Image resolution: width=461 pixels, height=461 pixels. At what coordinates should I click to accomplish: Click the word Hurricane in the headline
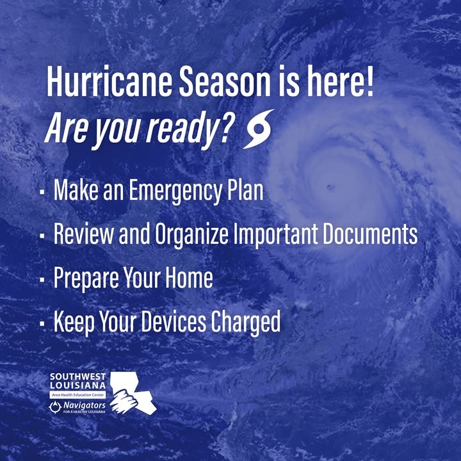(109, 81)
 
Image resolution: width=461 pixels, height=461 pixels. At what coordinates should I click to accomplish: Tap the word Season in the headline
(225, 81)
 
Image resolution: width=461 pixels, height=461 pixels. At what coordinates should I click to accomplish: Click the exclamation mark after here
(369, 81)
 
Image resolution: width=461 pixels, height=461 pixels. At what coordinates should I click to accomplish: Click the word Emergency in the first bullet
(175, 191)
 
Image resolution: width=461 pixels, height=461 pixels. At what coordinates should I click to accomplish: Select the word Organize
(191, 234)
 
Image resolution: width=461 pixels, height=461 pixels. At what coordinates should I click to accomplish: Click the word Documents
(370, 234)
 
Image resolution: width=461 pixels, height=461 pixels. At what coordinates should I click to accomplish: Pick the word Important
(275, 234)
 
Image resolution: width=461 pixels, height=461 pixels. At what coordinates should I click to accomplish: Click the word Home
(189, 277)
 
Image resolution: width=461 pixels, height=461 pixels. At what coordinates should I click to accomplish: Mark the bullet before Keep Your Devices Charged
(42, 323)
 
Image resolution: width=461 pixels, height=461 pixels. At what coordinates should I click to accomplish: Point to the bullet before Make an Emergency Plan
(42, 192)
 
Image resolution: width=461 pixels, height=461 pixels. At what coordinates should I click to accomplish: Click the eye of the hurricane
(330, 187)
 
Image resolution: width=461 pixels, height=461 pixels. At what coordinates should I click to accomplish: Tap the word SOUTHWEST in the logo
(77, 376)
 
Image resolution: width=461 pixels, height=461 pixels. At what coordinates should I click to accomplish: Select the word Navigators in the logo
(85, 405)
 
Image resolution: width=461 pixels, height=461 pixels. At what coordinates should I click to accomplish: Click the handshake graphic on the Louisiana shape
(124, 401)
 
